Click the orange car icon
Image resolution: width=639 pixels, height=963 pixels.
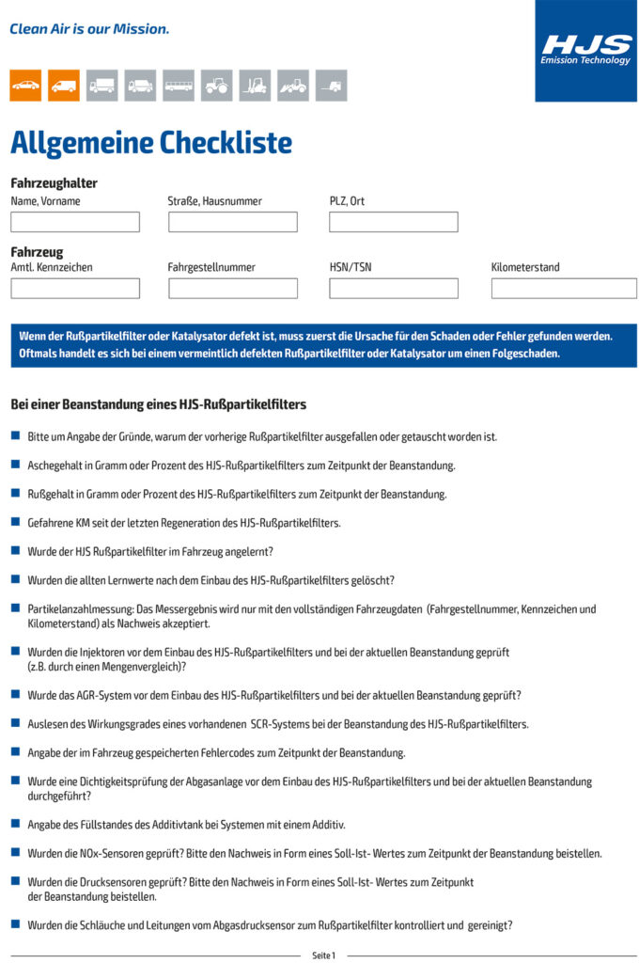coord(25,86)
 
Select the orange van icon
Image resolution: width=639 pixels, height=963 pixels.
coord(64,86)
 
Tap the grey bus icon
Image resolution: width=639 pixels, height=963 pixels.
coord(179,86)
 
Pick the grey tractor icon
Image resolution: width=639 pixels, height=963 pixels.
coord(216,86)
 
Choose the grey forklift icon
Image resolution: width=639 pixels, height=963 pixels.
coord(255,86)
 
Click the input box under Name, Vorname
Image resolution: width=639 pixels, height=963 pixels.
coord(75,222)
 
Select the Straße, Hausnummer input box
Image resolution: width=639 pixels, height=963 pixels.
coord(233,222)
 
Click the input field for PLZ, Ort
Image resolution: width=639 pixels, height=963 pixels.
coord(394,222)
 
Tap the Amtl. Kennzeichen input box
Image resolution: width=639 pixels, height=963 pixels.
coord(75,289)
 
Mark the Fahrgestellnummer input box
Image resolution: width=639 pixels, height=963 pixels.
coord(233,289)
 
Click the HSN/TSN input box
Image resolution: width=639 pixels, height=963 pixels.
coord(394,289)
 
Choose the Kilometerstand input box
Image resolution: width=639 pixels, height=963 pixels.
coord(564,289)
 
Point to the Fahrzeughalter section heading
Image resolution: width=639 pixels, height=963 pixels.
coord(54,183)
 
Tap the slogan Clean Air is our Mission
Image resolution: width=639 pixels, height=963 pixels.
coord(89,29)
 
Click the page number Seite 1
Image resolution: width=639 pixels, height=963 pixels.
coord(323,955)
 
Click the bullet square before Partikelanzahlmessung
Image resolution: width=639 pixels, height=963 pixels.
coord(15,608)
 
